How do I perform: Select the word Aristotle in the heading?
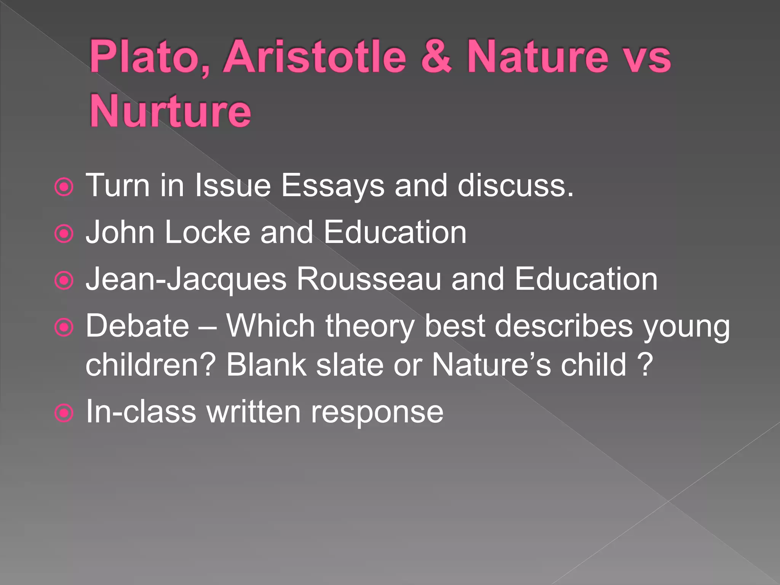pos(315,57)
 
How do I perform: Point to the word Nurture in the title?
pos(170,111)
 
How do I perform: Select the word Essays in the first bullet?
pos(333,186)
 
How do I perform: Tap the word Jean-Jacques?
pos(186,280)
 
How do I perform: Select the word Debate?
pos(137,326)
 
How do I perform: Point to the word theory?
pos(369,327)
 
